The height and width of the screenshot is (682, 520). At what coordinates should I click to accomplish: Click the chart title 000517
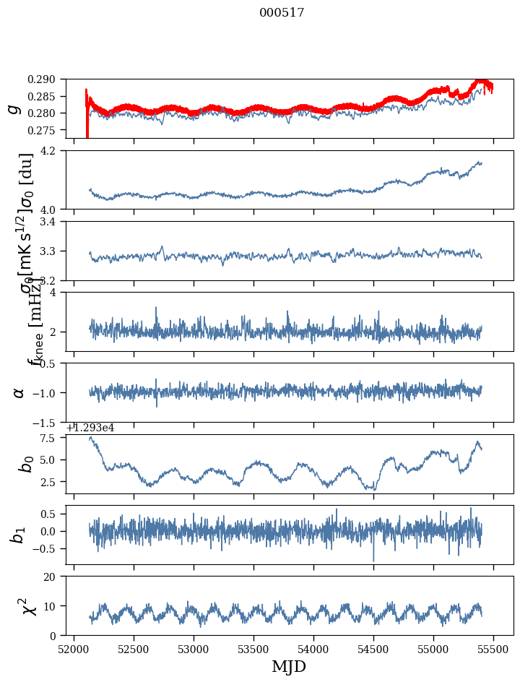click(x=282, y=13)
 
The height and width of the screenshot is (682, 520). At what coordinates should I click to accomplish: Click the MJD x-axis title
click(x=289, y=667)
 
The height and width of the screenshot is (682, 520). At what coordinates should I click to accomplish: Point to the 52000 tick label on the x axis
click(x=74, y=650)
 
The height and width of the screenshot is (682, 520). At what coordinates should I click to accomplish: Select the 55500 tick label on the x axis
click(x=494, y=650)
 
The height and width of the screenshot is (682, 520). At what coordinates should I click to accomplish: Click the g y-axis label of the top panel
click(x=13, y=108)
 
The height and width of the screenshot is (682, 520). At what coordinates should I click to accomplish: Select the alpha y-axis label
click(x=19, y=392)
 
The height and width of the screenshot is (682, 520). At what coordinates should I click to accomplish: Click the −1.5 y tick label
click(x=49, y=422)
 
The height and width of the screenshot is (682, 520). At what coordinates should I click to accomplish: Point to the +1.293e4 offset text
click(x=90, y=428)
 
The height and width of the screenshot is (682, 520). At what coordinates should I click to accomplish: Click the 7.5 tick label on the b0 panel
click(x=51, y=439)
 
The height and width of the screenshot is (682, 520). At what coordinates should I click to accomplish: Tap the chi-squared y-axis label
click(x=20, y=606)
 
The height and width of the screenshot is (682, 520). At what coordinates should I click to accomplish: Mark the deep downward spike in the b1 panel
click(x=373, y=558)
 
